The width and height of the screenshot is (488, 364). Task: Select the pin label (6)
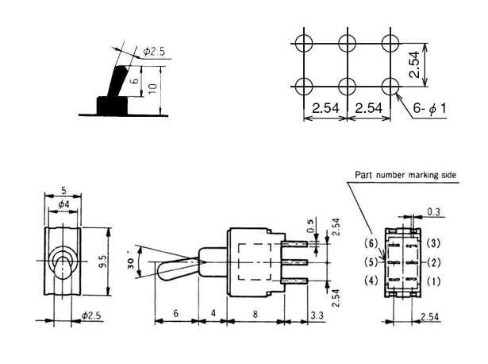pyautogui.click(x=370, y=242)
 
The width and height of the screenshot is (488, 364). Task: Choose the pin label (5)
pyautogui.click(x=370, y=262)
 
